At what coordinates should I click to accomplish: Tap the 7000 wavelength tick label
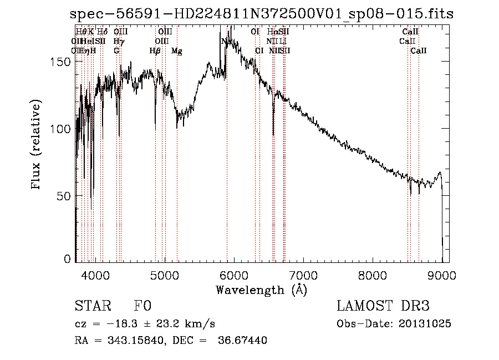click(303, 275)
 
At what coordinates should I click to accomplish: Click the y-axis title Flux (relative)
click(37, 145)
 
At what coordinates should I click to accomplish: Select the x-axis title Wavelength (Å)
click(261, 290)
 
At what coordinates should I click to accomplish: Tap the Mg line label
click(176, 51)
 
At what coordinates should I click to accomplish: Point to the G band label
click(116, 51)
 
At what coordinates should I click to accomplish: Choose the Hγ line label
click(118, 41)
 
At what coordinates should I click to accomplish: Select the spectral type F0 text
click(142, 306)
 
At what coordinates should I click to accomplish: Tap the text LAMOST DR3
click(383, 306)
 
